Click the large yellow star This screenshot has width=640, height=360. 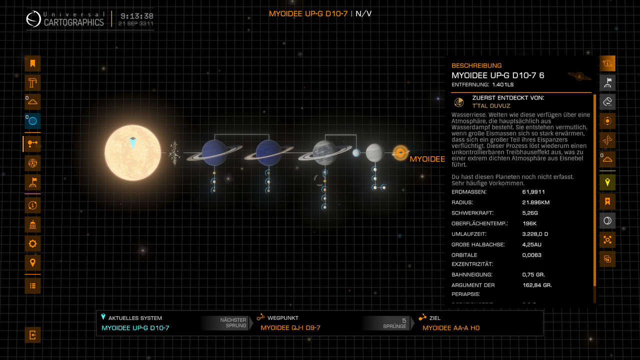click(x=133, y=152)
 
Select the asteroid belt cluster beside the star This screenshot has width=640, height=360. click(x=174, y=152)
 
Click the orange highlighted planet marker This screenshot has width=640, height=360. click(x=400, y=152)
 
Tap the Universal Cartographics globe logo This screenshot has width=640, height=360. click(x=33, y=19)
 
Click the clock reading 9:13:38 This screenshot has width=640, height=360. click(x=136, y=16)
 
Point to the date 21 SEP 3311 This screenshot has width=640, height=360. click(x=136, y=24)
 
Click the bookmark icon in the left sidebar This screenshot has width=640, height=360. click(x=32, y=63)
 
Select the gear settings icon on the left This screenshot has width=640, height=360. click(x=32, y=243)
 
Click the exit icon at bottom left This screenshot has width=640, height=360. click(x=32, y=334)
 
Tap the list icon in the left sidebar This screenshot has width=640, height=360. click(x=32, y=285)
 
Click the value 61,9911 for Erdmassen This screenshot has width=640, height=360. click(x=533, y=192)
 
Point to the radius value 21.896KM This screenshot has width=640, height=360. click(x=536, y=202)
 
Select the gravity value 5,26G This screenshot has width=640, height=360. click(x=530, y=213)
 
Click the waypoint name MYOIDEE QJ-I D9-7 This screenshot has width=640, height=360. click(x=290, y=328)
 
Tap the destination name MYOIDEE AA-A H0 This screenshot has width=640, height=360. click(x=451, y=328)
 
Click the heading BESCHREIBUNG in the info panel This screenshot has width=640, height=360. click(x=476, y=65)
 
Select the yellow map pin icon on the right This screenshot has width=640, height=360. click(x=607, y=182)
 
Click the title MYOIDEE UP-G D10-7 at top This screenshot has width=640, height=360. click(x=308, y=13)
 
